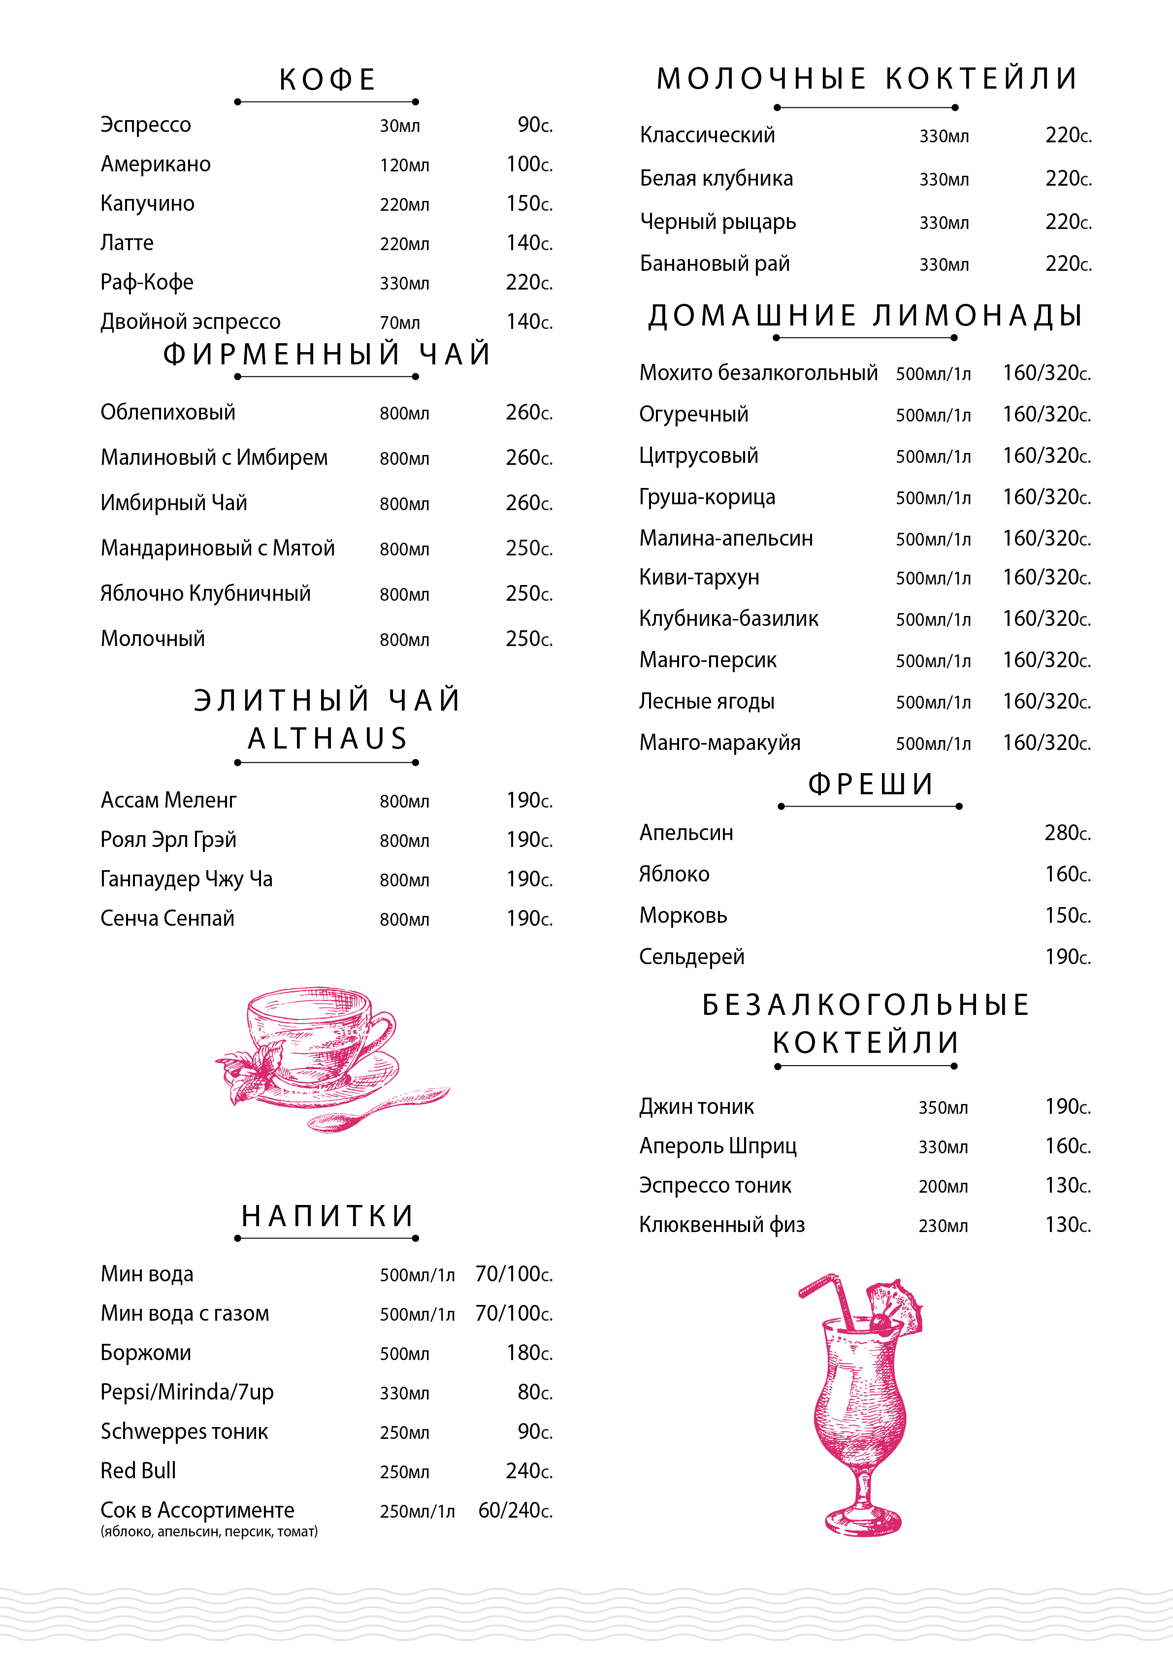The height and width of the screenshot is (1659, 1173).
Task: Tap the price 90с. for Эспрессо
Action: pos(534,125)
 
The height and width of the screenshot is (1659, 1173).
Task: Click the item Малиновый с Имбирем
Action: pos(214,457)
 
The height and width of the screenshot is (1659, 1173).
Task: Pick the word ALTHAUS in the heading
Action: pos(327,739)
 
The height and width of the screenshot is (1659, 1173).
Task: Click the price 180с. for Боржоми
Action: pos(529,1353)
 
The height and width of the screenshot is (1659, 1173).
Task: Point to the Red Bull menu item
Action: pos(138,1470)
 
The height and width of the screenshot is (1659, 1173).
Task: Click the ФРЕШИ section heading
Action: pos(870,784)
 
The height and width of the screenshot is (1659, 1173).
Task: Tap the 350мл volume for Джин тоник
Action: pos(943,1107)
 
